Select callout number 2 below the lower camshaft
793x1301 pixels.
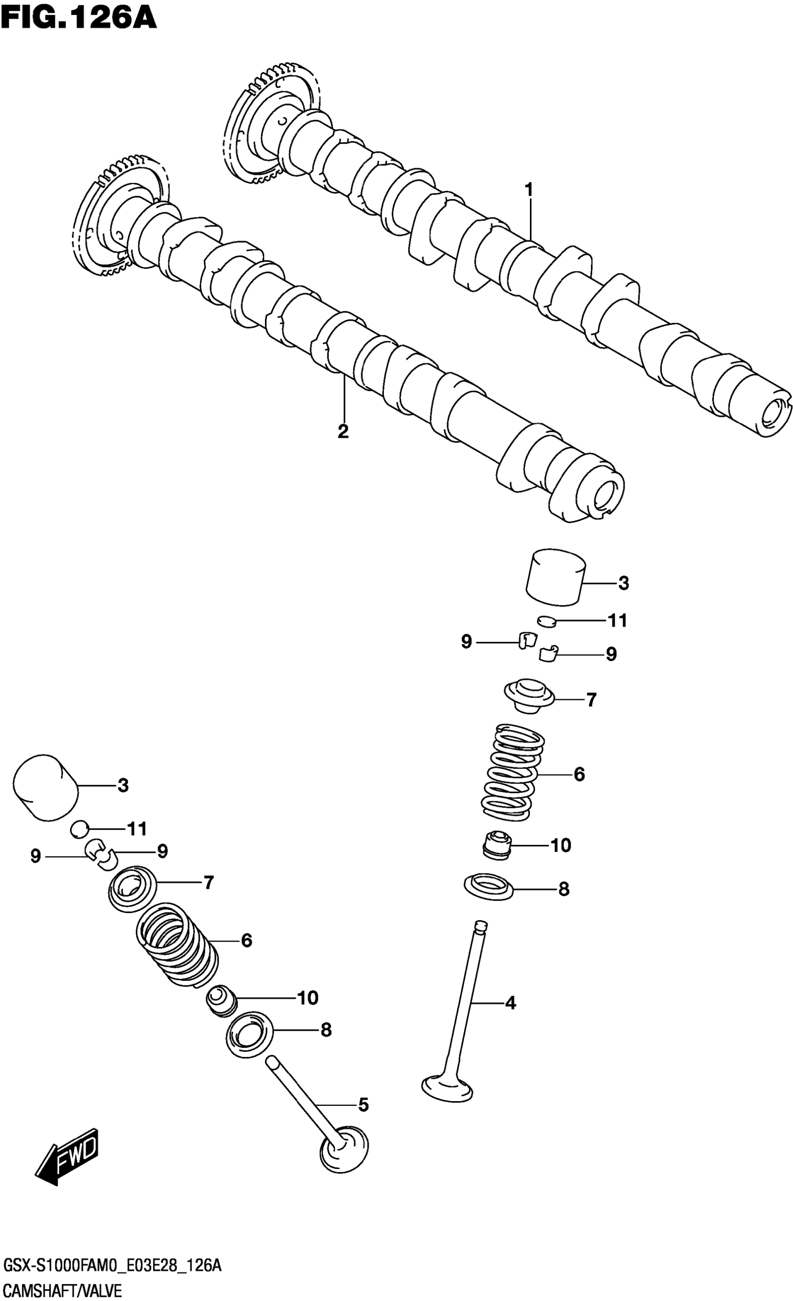pos(343,431)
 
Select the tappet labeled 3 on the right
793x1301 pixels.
pos(556,577)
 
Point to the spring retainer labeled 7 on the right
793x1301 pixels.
pos(529,696)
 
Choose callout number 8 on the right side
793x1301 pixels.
pos(563,889)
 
